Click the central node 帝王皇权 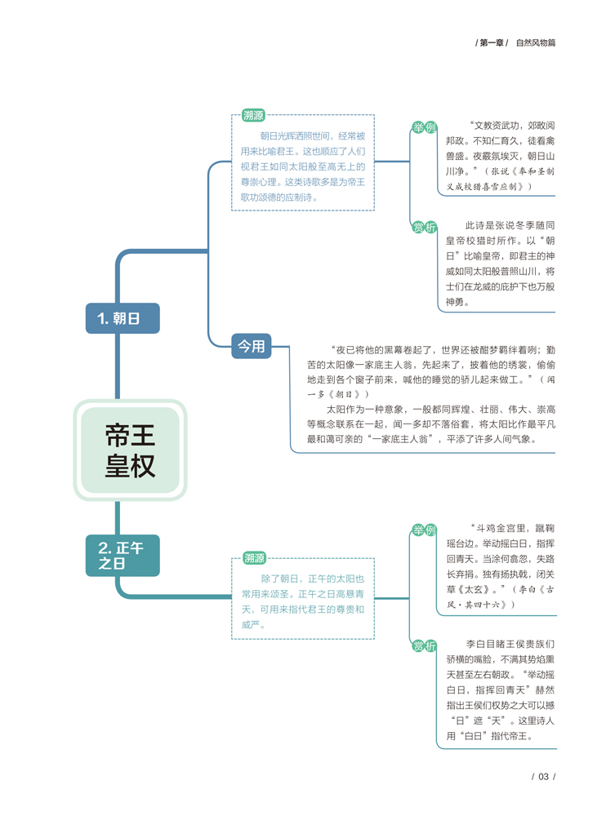click(x=131, y=450)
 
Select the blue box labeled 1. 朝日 click(x=123, y=318)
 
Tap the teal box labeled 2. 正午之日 click(x=123, y=555)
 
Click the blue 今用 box click(x=252, y=346)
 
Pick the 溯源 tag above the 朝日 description click(x=253, y=115)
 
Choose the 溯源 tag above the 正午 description click(x=254, y=558)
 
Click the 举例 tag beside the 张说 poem click(x=424, y=127)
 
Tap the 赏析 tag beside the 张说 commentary click(x=424, y=227)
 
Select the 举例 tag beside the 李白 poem click(x=424, y=530)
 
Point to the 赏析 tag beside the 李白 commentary click(x=424, y=645)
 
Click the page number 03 click(x=543, y=777)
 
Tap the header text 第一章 click(x=492, y=42)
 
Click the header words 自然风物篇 click(x=536, y=42)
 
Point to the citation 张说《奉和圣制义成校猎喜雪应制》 click(x=500, y=179)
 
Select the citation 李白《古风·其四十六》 click(x=501, y=597)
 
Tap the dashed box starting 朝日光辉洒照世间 click(x=303, y=162)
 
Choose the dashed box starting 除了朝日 click(x=303, y=598)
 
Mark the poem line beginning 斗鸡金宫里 click(x=500, y=528)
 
